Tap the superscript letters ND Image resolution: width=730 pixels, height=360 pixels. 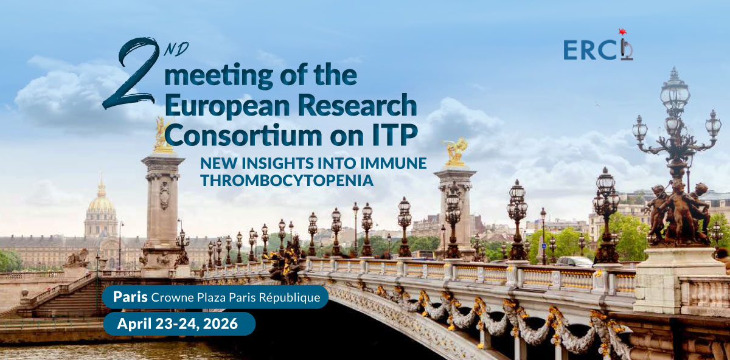point(176,49)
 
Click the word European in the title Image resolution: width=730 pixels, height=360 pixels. point(228,106)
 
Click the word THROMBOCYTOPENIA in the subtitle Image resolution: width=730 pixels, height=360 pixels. point(287,181)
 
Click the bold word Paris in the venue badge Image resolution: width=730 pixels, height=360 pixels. point(130,297)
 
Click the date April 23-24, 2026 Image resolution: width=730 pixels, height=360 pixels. point(178,324)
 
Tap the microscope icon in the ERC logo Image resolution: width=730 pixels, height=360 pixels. point(627,49)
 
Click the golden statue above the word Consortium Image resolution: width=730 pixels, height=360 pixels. point(161,135)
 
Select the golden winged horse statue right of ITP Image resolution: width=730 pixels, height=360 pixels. point(455,151)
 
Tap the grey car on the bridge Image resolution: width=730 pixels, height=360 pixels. point(574,261)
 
